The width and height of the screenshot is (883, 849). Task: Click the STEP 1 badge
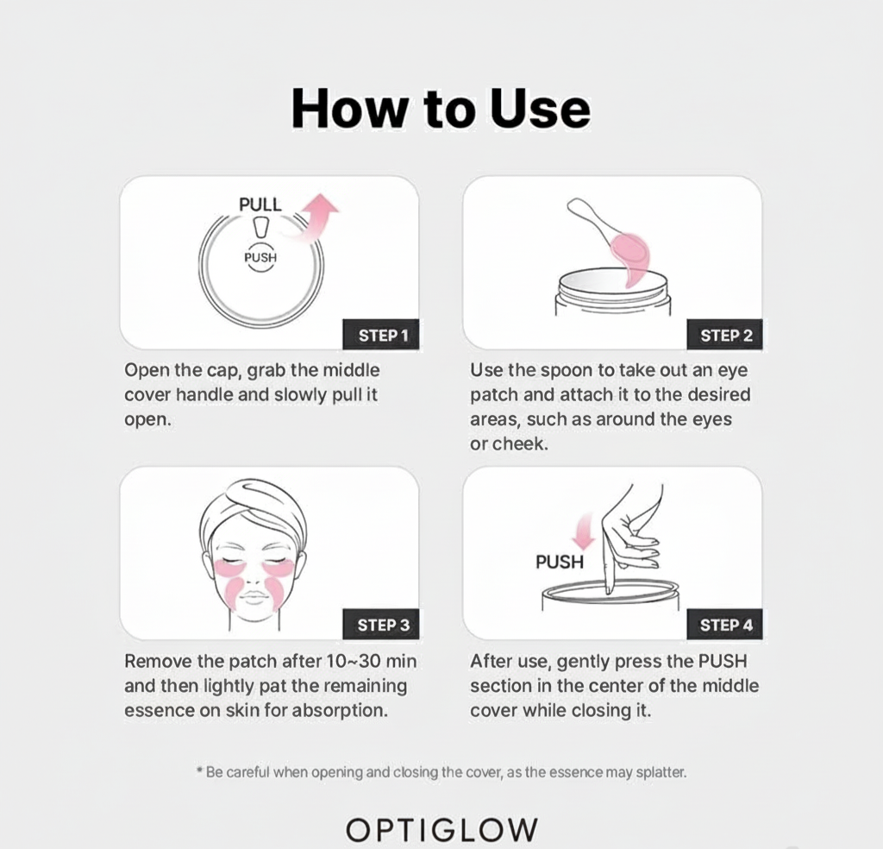pos(383,335)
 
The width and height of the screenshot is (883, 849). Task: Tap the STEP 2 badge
pos(726,335)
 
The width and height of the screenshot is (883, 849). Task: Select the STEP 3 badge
pos(383,625)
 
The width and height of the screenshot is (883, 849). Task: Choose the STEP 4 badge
pos(726,625)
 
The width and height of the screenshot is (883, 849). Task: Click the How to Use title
pos(441,110)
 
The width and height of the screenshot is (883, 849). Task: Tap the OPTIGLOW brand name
pos(441,829)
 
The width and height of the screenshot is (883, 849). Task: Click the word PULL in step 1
pos(260,204)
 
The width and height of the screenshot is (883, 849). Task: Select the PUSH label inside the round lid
pos(260,257)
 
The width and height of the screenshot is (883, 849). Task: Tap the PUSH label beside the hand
pos(559,562)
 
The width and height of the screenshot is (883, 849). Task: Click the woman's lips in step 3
pos(254,597)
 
